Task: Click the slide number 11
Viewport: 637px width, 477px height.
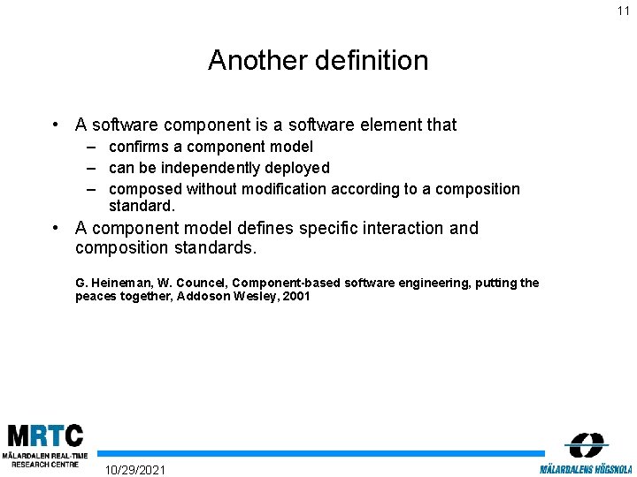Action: coord(624,11)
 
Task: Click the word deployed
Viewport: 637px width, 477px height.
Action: coord(299,168)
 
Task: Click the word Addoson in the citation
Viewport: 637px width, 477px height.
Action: coord(203,297)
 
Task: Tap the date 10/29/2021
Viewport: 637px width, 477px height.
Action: coord(134,469)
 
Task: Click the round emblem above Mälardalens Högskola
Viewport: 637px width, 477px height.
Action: coord(586,444)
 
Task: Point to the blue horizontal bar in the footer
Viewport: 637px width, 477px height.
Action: coord(318,453)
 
